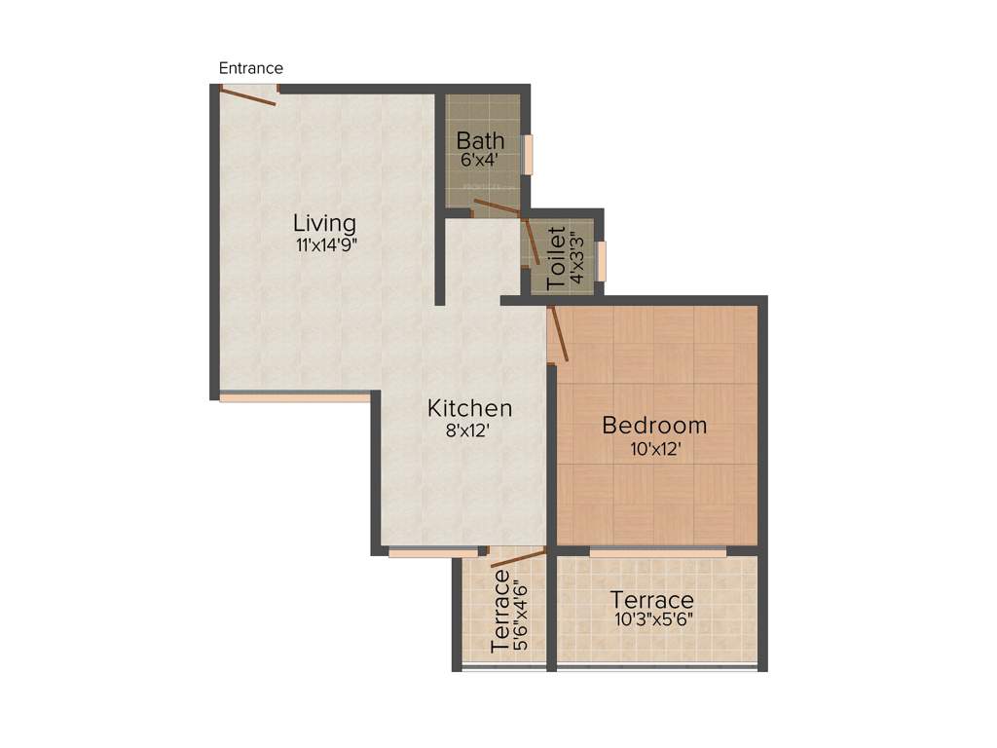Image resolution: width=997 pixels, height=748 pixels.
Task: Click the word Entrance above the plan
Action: pos(250,68)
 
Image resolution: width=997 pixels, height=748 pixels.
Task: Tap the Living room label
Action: pos(324,223)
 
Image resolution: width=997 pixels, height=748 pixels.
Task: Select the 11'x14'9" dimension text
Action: pos(327,245)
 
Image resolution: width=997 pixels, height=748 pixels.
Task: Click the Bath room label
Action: pos(480,140)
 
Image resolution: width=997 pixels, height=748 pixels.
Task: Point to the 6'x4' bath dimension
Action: pos(480,160)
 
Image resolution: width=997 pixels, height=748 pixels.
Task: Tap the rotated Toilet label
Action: pos(556,258)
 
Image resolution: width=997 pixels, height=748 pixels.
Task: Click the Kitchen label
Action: pos(469,408)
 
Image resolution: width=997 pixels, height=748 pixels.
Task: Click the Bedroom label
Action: pos(654,426)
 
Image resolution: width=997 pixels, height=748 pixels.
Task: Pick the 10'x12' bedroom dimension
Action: pos(654,449)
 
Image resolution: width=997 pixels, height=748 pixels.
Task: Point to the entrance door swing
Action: pos(248,94)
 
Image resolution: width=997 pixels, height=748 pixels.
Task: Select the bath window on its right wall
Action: pos(529,154)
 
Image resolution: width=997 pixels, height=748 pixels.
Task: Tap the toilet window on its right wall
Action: pos(602,260)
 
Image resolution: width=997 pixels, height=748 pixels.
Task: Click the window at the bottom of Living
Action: pos(294,396)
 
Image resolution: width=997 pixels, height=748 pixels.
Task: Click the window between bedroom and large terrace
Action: pos(658,552)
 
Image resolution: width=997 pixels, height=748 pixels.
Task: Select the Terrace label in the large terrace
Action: pos(651,600)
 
